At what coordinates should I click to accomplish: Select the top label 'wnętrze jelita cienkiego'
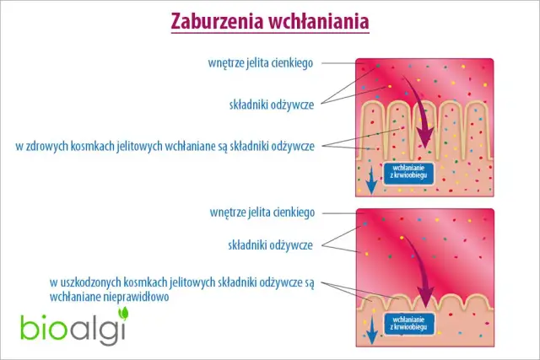[x=261, y=62]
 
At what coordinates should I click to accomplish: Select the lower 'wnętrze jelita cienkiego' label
[x=261, y=212]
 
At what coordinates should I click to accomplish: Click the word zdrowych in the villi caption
[x=47, y=146]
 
